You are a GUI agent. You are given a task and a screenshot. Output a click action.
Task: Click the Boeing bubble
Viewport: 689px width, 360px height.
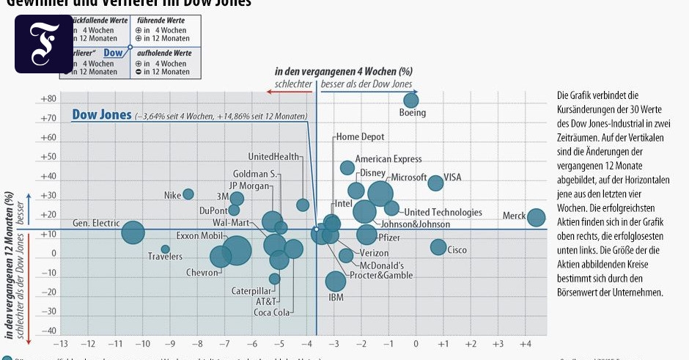[x=411, y=100]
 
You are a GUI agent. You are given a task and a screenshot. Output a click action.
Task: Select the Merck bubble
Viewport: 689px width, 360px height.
[x=536, y=217]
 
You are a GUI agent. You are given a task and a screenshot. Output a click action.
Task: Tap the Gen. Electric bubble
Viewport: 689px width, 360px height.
[x=133, y=233]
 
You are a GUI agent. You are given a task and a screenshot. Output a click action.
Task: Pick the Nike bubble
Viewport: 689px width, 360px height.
[x=188, y=194]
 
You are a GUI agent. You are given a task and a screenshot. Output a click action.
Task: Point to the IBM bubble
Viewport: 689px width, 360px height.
[x=335, y=281]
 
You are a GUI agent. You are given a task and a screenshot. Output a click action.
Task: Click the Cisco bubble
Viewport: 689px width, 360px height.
[x=438, y=247]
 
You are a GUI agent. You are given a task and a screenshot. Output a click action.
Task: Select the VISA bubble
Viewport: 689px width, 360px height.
[x=435, y=183]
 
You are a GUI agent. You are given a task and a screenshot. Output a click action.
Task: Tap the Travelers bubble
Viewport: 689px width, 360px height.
[x=165, y=249]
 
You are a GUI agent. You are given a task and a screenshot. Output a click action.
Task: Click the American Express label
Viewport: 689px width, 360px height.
[x=388, y=159]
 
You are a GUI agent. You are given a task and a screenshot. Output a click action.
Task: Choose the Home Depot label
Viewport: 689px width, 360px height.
[x=360, y=137]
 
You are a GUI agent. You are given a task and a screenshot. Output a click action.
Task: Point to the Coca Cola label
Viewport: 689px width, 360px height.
[x=272, y=312]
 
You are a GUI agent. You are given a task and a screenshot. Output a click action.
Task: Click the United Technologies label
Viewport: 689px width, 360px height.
[x=443, y=213]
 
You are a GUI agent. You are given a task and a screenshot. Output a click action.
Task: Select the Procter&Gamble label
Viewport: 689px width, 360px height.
[x=381, y=276]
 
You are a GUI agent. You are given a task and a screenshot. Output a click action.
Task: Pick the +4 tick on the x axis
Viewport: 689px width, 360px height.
[x=525, y=344]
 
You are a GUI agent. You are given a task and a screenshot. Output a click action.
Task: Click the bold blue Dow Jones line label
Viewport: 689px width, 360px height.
[x=102, y=115]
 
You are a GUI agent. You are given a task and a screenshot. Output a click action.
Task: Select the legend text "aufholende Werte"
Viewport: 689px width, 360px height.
[x=164, y=54]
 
